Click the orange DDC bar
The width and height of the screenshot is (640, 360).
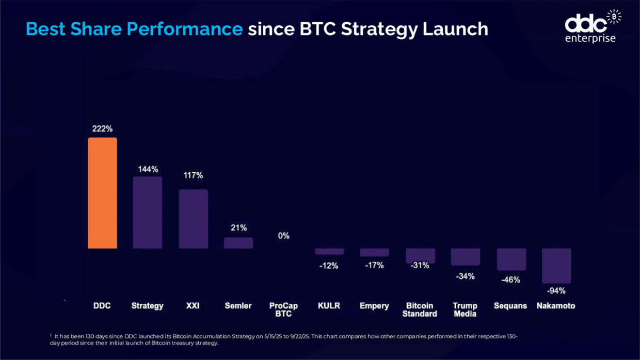(102, 193)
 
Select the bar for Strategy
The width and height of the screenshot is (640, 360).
(148, 212)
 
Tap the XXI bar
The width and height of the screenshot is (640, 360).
(193, 219)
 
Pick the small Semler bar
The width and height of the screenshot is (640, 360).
(238, 243)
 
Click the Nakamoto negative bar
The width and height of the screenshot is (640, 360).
(556, 266)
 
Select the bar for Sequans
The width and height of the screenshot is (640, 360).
(511, 259)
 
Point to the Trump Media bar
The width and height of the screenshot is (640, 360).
(465, 257)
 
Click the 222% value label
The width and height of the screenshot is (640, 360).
(102, 129)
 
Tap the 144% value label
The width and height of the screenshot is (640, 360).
(148, 169)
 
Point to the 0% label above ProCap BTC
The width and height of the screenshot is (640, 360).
(284, 236)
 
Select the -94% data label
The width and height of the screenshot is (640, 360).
(556, 291)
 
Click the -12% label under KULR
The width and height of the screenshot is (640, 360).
(329, 266)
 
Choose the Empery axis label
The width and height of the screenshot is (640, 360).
(374, 306)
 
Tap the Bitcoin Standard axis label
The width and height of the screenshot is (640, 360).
(420, 309)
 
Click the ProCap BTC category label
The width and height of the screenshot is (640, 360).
(284, 309)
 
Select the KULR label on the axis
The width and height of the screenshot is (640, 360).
(329, 306)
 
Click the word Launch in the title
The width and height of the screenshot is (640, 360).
(455, 29)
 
